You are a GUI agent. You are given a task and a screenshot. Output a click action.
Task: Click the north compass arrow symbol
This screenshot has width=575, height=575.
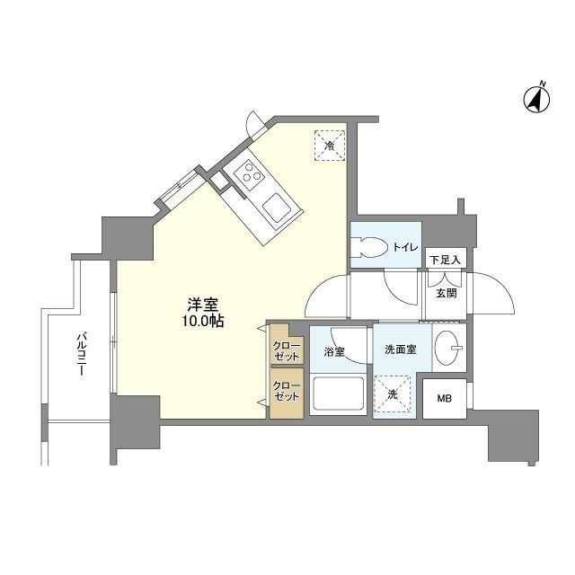click(x=536, y=98)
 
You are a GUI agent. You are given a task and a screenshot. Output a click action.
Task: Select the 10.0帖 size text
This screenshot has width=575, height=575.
click(x=202, y=322)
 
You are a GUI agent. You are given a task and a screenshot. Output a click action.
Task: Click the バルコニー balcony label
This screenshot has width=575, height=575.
click(x=81, y=353)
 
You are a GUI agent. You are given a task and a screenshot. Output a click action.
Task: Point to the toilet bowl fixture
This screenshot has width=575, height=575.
click(x=370, y=247)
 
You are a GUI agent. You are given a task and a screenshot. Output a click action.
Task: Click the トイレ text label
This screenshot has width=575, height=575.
click(x=405, y=248)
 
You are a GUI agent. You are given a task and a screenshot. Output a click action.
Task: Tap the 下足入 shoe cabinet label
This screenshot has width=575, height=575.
click(x=446, y=260)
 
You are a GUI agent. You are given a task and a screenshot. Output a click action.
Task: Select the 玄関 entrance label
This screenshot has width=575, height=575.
click(x=447, y=293)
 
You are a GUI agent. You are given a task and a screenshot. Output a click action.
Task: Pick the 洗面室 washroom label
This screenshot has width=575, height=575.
click(x=401, y=349)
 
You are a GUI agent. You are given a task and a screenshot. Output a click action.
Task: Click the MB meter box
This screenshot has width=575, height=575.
click(x=445, y=399)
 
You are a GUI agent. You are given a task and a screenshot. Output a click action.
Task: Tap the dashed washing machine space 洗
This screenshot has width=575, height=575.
click(x=393, y=394)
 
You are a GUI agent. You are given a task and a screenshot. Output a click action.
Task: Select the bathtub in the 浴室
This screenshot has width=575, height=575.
click(x=338, y=394)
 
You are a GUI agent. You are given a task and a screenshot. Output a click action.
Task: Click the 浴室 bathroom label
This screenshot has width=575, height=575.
click(x=334, y=351)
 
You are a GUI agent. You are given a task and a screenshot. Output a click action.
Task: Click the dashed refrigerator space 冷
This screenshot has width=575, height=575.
click(x=330, y=146)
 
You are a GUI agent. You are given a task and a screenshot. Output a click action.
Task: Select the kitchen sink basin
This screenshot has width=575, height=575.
click(x=277, y=208)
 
